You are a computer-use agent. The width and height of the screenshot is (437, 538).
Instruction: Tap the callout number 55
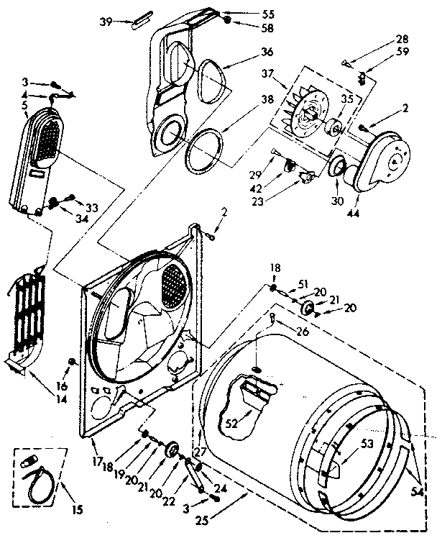click(247, 14)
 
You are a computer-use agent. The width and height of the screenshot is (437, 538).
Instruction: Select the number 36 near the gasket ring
click(247, 53)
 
